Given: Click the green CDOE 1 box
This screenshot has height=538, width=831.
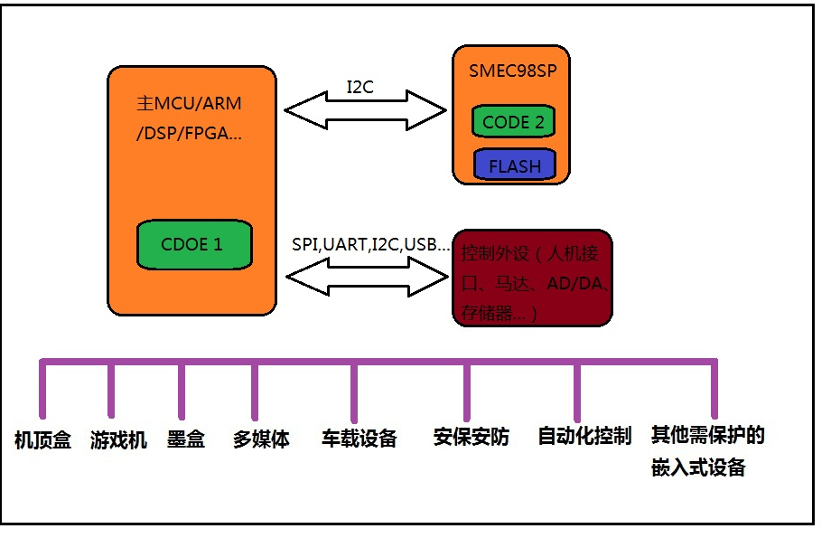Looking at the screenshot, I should coord(193,244).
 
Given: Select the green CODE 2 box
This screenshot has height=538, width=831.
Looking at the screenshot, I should coord(512,122).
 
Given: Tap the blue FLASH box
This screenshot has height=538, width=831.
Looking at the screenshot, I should coord(514,165).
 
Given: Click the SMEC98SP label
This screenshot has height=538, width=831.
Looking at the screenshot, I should coord(509,71).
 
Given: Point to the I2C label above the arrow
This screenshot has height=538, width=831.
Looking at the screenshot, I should coord(359,88).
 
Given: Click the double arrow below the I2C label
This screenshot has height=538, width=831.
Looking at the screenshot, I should coord(366,111).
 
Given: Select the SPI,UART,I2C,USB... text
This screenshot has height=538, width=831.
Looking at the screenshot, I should coord(370,244).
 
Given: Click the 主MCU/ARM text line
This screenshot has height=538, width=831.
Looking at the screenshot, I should coord(191,104).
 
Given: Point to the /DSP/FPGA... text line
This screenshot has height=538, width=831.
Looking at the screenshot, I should coord(189,134).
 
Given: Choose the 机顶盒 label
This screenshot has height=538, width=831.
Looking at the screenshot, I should coord(42,440).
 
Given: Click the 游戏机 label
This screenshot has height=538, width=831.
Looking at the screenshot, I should coord(118,440).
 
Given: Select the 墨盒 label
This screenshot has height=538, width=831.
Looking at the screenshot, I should coord(186,439).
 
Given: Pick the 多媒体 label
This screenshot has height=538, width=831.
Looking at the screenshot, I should coord(261,439).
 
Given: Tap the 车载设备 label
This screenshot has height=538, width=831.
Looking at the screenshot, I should coord(359,439).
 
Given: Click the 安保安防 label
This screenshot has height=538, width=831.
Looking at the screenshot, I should coord(471,438).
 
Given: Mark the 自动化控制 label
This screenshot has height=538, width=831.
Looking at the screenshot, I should coord(584,436).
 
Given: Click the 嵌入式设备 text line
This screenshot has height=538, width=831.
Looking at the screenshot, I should coord(698,467).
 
